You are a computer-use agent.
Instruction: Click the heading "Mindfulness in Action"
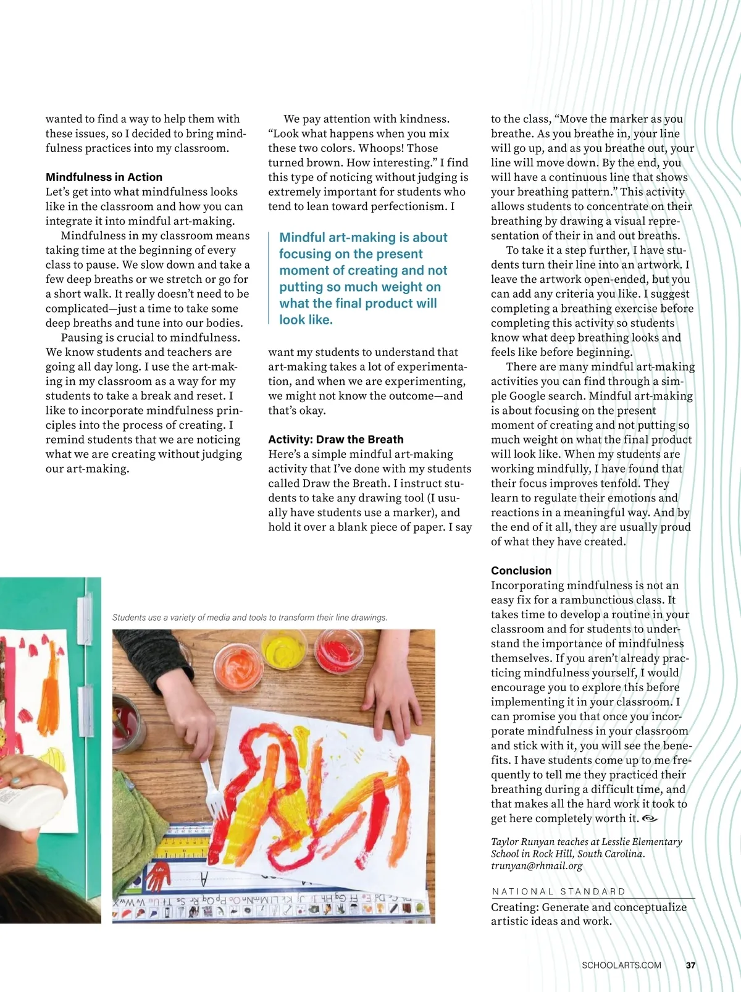104,177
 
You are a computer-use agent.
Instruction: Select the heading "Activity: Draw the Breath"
335,439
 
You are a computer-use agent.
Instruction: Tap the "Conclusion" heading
521,570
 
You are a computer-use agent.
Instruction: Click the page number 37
690,965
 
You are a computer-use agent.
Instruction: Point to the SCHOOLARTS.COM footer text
621,965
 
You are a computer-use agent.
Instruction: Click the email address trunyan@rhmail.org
537,865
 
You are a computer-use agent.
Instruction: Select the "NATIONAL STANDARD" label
559,891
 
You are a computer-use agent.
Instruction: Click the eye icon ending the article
650,818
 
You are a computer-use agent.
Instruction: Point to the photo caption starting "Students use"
249,617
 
